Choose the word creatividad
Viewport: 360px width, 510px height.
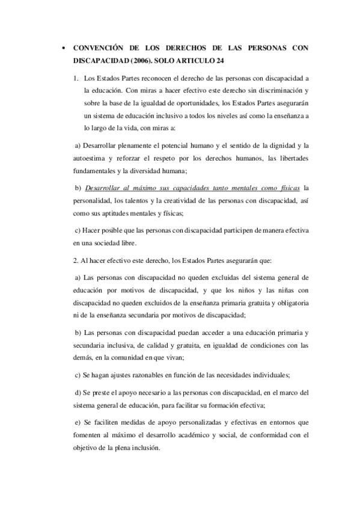pyautogui.click(x=172, y=200)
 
